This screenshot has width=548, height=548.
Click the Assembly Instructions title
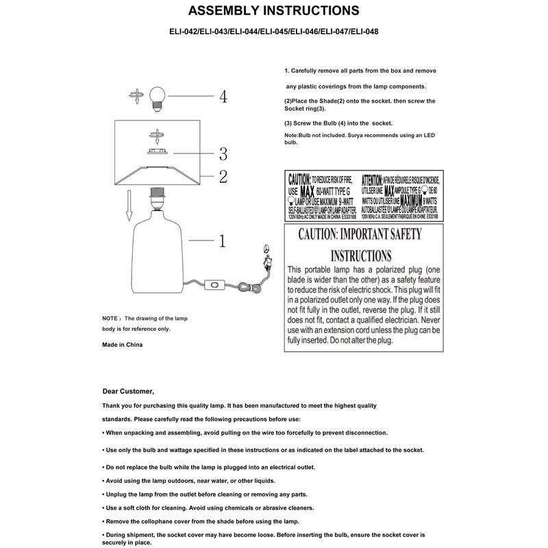[273, 11]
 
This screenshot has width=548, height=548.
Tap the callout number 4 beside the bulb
[223, 96]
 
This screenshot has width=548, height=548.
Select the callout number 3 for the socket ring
[223, 153]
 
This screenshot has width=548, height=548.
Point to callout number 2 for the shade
[223, 176]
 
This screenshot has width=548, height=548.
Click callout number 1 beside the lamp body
[223, 240]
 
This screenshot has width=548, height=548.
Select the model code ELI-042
[184, 32]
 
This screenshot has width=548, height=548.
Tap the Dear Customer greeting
[128, 391]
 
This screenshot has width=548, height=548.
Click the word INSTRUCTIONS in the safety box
[362, 256]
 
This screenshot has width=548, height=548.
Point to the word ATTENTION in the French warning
[375, 177]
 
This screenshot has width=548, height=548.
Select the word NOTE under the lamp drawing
[110, 319]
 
